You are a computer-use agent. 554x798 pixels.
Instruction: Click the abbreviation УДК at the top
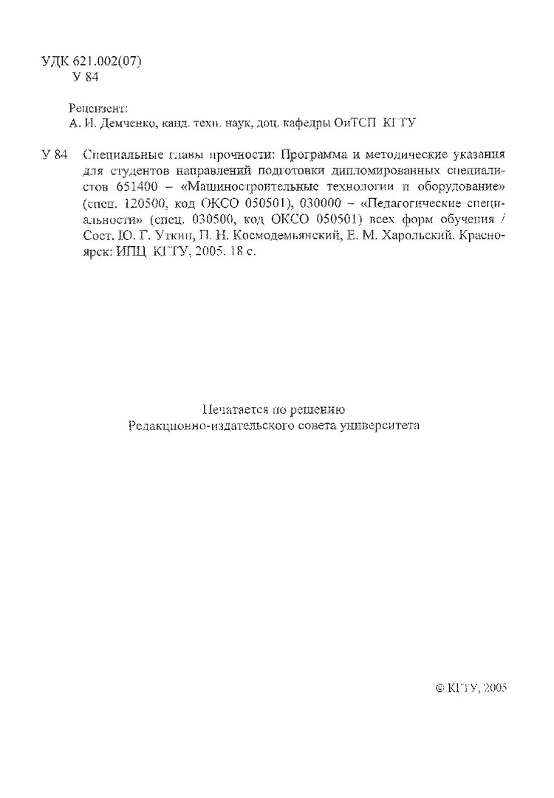click(x=55, y=62)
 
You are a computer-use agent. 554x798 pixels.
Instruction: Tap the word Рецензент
click(x=97, y=108)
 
